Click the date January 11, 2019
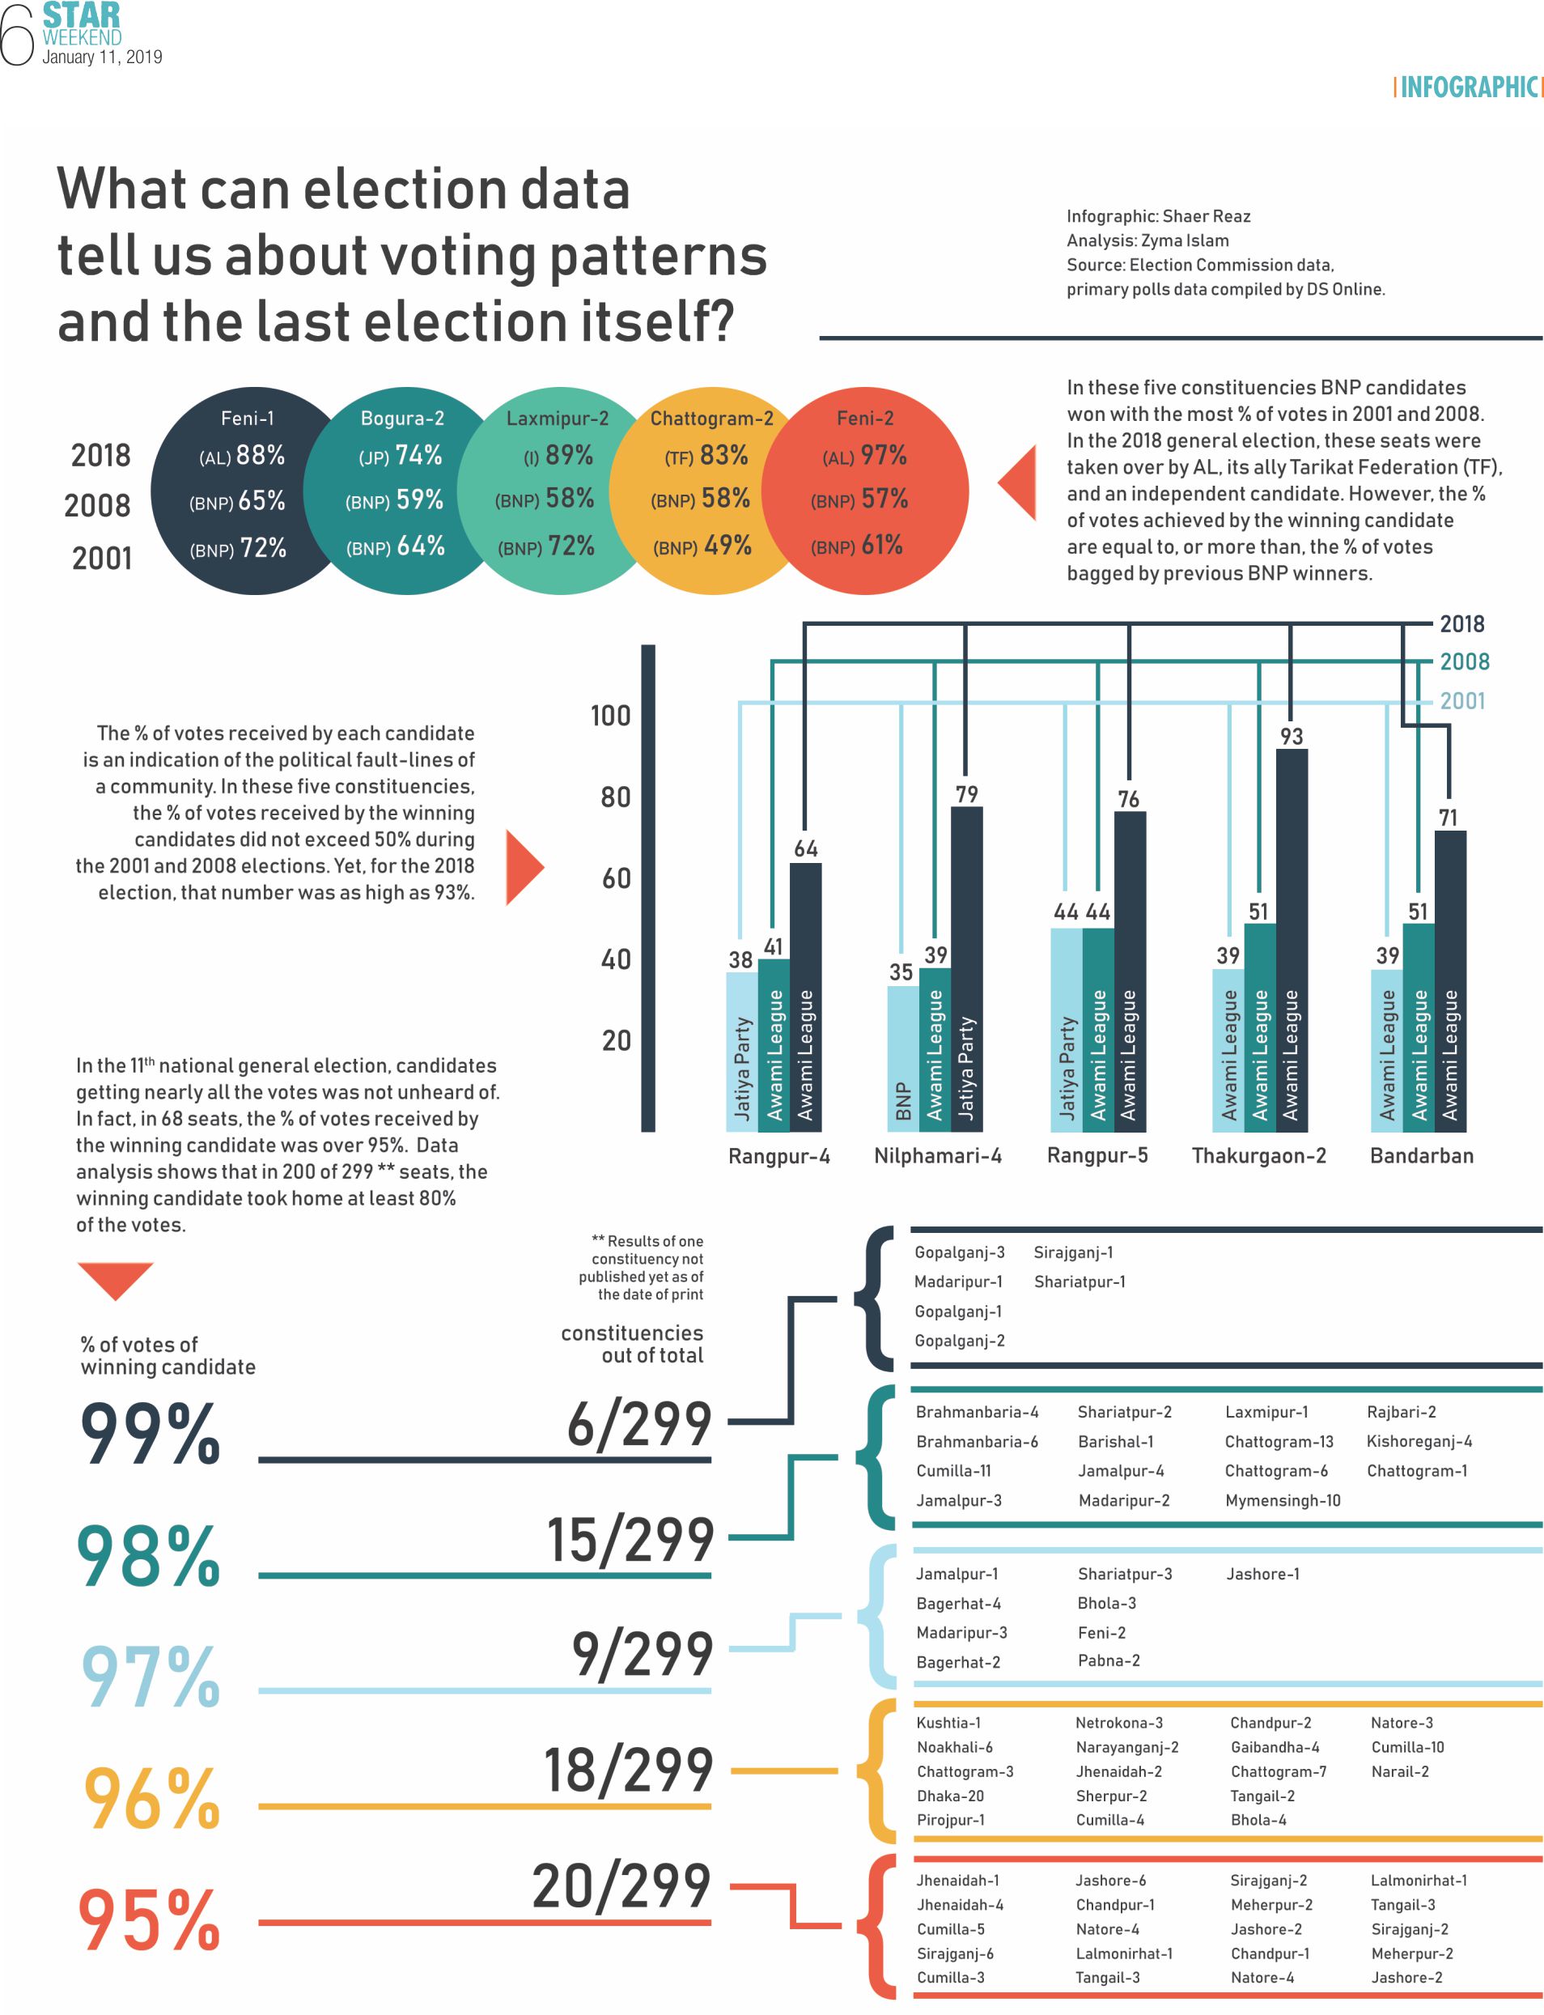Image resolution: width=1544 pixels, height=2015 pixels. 102,57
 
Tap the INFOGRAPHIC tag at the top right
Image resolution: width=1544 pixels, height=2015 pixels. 1467,87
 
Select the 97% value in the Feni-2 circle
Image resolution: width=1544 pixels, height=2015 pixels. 883,455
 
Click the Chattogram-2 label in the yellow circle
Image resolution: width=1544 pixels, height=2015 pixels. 711,419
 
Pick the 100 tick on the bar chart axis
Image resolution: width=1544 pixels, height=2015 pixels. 610,715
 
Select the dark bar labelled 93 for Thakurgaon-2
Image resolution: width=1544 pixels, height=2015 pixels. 1292,937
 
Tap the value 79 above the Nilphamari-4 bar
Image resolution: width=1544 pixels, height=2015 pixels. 966,794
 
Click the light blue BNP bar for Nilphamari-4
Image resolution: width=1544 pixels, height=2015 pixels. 902,1057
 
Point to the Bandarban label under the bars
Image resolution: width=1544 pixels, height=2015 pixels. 1421,1155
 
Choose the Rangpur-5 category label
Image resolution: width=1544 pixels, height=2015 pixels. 1097,1155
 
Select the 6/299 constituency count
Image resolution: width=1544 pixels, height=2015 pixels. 638,1424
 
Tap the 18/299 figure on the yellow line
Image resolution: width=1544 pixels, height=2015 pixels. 629,1770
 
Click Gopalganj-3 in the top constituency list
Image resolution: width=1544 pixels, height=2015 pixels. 959,1252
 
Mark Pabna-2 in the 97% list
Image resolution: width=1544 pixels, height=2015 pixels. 1109,1660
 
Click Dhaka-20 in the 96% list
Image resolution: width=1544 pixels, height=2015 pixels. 949,1796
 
